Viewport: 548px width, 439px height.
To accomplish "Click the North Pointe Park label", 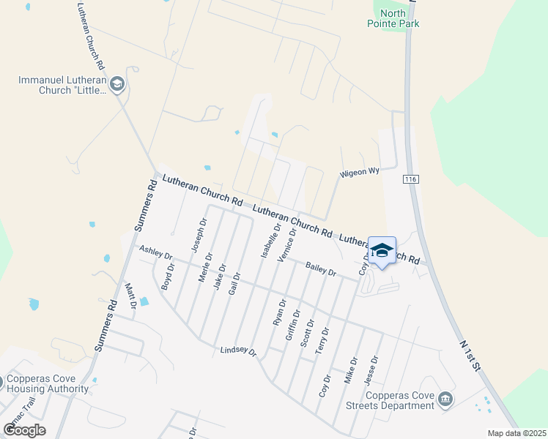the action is (x=393, y=18).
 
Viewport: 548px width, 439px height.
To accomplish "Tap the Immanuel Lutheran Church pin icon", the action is (x=118, y=85).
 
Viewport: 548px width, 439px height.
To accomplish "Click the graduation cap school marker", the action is (x=381, y=251).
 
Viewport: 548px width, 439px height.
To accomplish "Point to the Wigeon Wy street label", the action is (x=358, y=172).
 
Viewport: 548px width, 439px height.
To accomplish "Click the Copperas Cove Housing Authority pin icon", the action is (x=2, y=383).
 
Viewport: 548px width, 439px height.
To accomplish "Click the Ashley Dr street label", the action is (x=155, y=253).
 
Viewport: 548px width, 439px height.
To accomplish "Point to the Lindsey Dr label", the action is (x=239, y=352).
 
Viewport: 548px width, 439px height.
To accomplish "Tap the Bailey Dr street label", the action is (x=320, y=269).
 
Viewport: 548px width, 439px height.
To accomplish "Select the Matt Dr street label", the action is (x=131, y=295).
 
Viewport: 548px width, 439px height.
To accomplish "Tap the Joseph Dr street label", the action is (x=199, y=235).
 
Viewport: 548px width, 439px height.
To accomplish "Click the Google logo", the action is (x=24, y=429).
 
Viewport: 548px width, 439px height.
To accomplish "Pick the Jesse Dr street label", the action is (x=371, y=369).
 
